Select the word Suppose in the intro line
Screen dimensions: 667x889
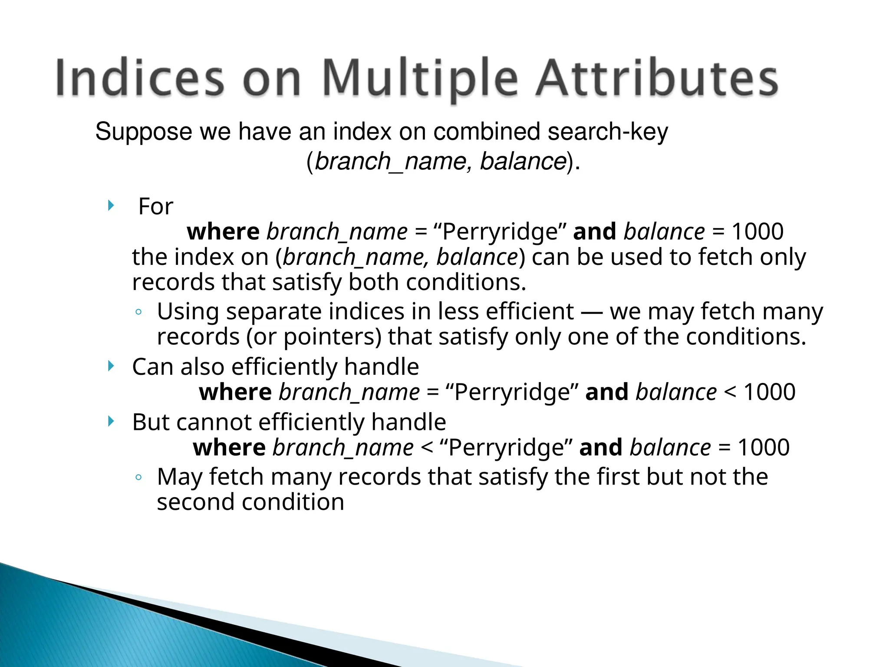click(x=143, y=132)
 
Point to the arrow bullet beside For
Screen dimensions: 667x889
click(x=111, y=205)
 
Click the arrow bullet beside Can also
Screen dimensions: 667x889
click(x=111, y=366)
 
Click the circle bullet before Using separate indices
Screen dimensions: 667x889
click(x=138, y=312)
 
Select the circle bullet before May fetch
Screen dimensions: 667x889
click(x=138, y=477)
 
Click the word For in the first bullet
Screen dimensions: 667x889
click(x=155, y=206)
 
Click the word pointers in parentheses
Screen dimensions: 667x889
click(x=332, y=337)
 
